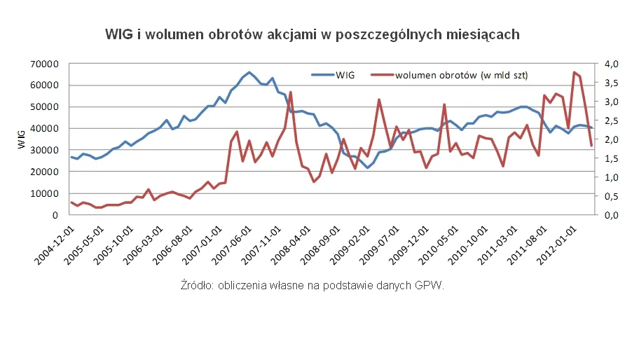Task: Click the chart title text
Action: pyautogui.click(x=312, y=34)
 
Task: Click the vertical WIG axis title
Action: pyautogui.click(x=21, y=139)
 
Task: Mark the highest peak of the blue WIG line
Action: pyautogui.click(x=249, y=72)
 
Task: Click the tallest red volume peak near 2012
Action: pyautogui.click(x=574, y=72)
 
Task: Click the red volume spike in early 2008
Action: pyautogui.click(x=290, y=92)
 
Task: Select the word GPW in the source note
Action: pyautogui.click(x=431, y=285)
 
